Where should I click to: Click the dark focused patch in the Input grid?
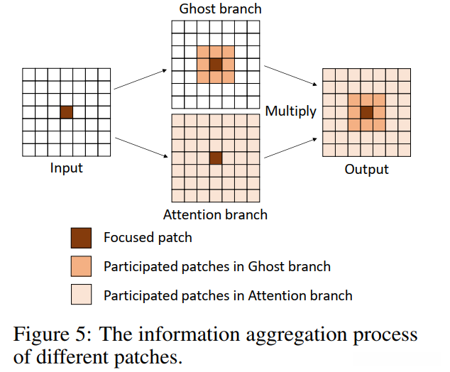[66, 112]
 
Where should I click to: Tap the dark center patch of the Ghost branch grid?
[216, 65]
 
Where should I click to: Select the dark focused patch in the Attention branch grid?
[216, 158]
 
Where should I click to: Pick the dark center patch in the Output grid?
[366, 112]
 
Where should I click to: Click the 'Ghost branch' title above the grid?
[221, 9]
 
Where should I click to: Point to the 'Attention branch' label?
[215, 214]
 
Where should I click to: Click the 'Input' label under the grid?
[66, 168]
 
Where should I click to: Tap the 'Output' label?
[366, 170]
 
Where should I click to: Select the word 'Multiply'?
[290, 111]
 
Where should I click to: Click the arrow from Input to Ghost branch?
[141, 80]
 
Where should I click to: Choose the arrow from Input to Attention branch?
[141, 148]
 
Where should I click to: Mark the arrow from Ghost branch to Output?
[290, 76]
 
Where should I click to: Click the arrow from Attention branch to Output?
[290, 148]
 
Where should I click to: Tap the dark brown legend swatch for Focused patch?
[81, 238]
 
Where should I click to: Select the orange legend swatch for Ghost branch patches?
[81, 266]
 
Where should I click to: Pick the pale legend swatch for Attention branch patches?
[81, 294]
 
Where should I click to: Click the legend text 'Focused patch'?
[148, 238]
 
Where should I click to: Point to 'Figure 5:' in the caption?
[53, 334]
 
